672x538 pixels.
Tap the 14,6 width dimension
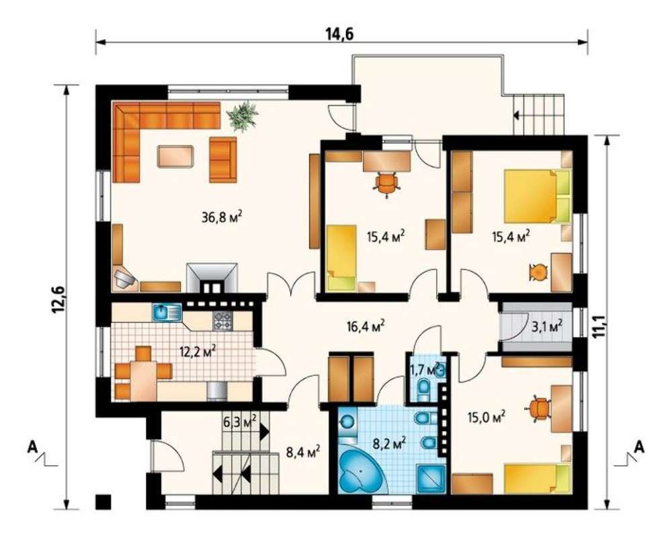point(341,34)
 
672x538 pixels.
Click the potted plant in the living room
point(243,116)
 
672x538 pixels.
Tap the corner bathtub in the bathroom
point(360,471)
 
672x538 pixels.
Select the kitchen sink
point(167,312)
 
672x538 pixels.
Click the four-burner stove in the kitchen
point(223,321)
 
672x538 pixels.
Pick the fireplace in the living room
point(212,278)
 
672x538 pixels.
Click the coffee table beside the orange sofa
point(175,156)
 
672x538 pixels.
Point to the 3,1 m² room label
point(547,327)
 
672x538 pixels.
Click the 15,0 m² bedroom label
point(486,416)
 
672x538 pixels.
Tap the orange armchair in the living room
point(223,159)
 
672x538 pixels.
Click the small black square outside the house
point(103,502)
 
